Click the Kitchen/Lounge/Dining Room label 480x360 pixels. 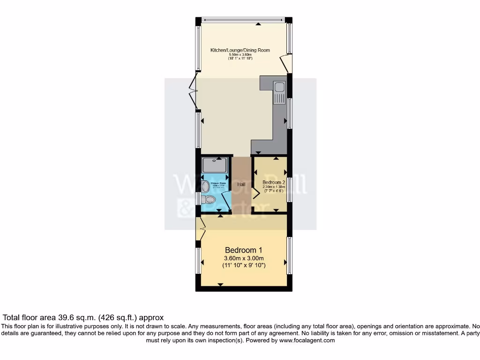coord(240,50)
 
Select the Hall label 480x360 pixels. coord(241,185)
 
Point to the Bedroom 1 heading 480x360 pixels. coord(244,250)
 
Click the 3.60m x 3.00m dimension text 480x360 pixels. coord(244,258)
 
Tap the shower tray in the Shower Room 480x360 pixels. coord(215,165)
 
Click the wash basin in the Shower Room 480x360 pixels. coord(205,187)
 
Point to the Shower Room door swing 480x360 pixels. coord(225,200)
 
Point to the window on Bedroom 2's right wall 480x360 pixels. coord(290,189)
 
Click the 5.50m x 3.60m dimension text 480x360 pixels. coord(240,54)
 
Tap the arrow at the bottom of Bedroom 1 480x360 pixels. coord(220,284)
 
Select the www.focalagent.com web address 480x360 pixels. coord(307,340)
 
